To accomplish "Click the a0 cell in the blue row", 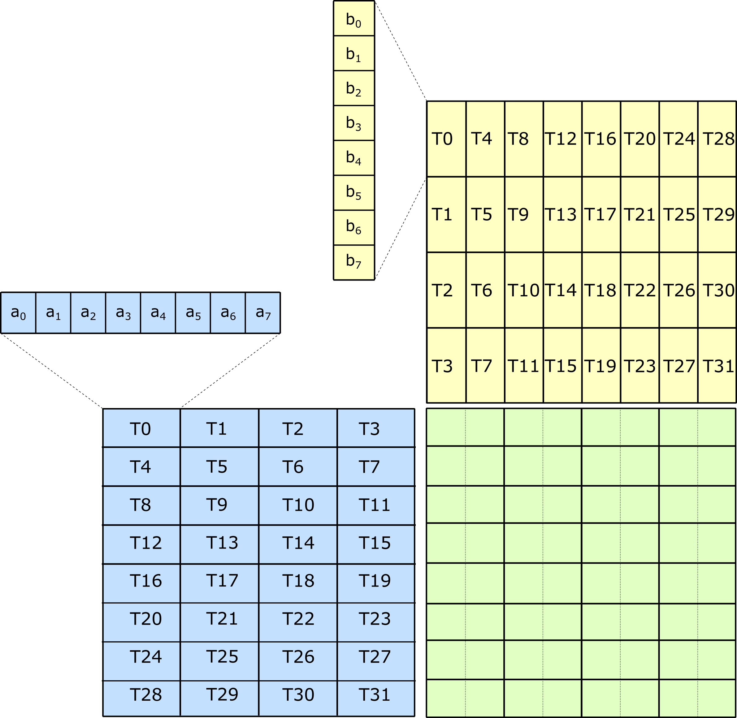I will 18,313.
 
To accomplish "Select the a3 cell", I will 123,313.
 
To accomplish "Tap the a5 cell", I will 193,313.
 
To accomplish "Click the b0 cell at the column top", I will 353,19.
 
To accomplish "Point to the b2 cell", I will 353,88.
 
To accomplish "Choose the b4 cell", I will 353,158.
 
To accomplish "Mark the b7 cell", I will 353,262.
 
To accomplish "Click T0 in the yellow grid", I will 446,139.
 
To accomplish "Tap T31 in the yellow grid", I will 717,365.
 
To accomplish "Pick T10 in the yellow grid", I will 524,290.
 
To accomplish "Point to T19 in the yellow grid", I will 601,365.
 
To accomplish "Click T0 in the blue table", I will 142,428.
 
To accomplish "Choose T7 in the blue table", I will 375,466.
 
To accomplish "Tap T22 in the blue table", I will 298,618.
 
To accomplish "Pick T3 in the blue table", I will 375,428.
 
